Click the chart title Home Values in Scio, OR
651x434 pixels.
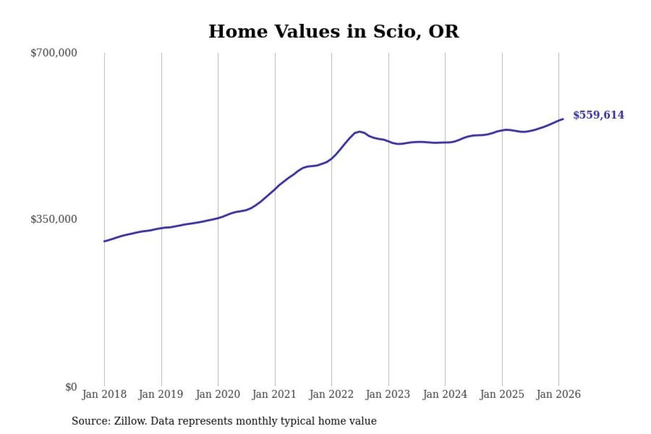pyautogui.click(x=333, y=32)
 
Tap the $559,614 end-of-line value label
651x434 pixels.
pyautogui.click(x=598, y=115)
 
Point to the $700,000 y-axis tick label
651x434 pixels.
pyautogui.click(x=53, y=53)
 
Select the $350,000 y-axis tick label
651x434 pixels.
pyautogui.click(x=53, y=219)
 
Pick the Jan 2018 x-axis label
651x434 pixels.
pyautogui.click(x=104, y=395)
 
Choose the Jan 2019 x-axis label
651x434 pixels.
pyautogui.click(x=161, y=395)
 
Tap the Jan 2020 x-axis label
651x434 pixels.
pyautogui.click(x=218, y=395)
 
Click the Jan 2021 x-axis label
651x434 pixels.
pyautogui.click(x=275, y=395)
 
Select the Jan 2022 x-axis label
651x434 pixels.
pyautogui.click(x=332, y=395)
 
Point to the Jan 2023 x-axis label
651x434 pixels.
pyautogui.click(x=389, y=395)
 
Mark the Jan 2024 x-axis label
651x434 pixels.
pyautogui.click(x=445, y=395)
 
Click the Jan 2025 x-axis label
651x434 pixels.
pyautogui.click(x=502, y=395)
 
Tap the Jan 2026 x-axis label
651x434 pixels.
pyautogui.click(x=558, y=395)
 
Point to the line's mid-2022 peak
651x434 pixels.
pyautogui.click(x=360, y=132)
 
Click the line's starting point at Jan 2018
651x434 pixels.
pyautogui.click(x=104, y=241)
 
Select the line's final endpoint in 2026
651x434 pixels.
pyautogui.click(x=563, y=119)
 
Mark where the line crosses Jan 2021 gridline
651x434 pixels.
pyautogui.click(x=275, y=189)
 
